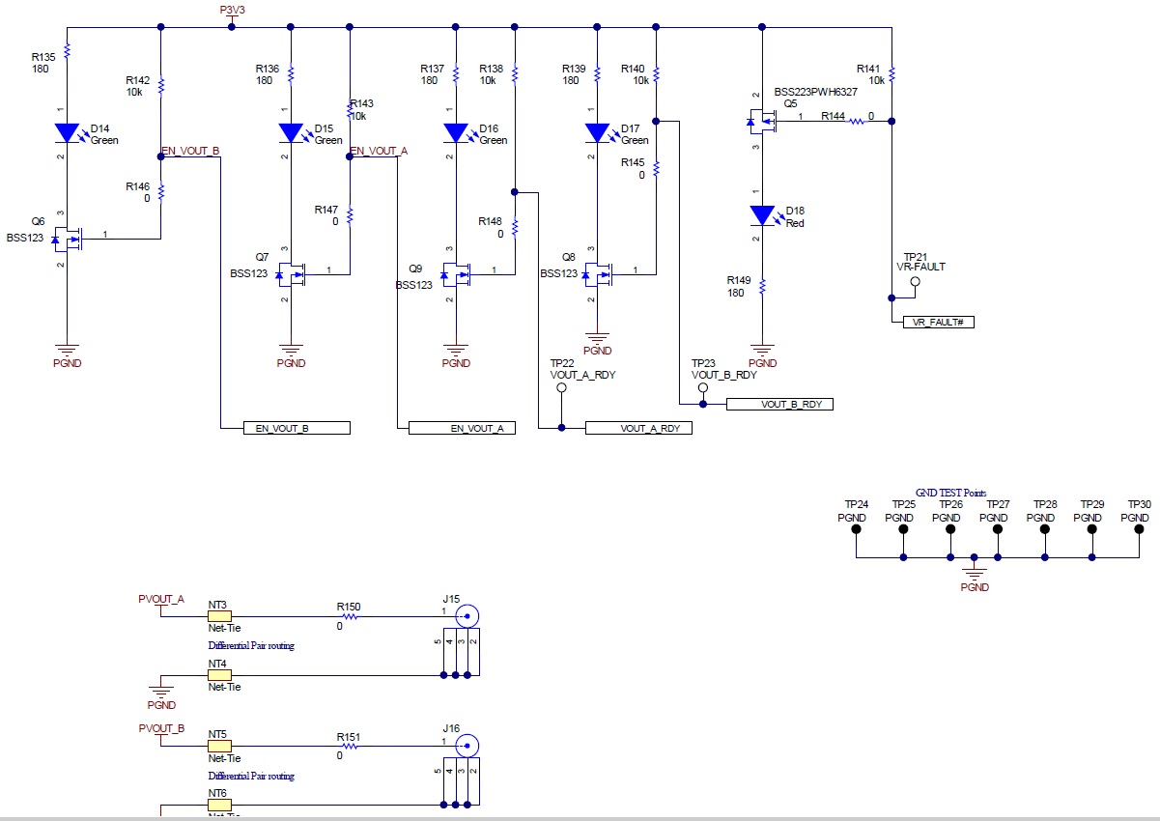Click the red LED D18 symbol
(763, 215)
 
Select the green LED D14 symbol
(67, 132)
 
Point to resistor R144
(856, 122)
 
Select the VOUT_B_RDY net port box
(778, 405)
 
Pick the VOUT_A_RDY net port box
(638, 428)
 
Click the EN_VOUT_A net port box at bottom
(462, 428)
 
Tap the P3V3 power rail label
(232, 10)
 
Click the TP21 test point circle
(915, 282)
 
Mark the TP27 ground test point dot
(998, 529)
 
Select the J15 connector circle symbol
(468, 616)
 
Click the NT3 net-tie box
(219, 615)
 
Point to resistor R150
(348, 616)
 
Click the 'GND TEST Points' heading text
(950, 493)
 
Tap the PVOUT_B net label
(161, 728)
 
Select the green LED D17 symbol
(599, 132)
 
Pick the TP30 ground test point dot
(1140, 529)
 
